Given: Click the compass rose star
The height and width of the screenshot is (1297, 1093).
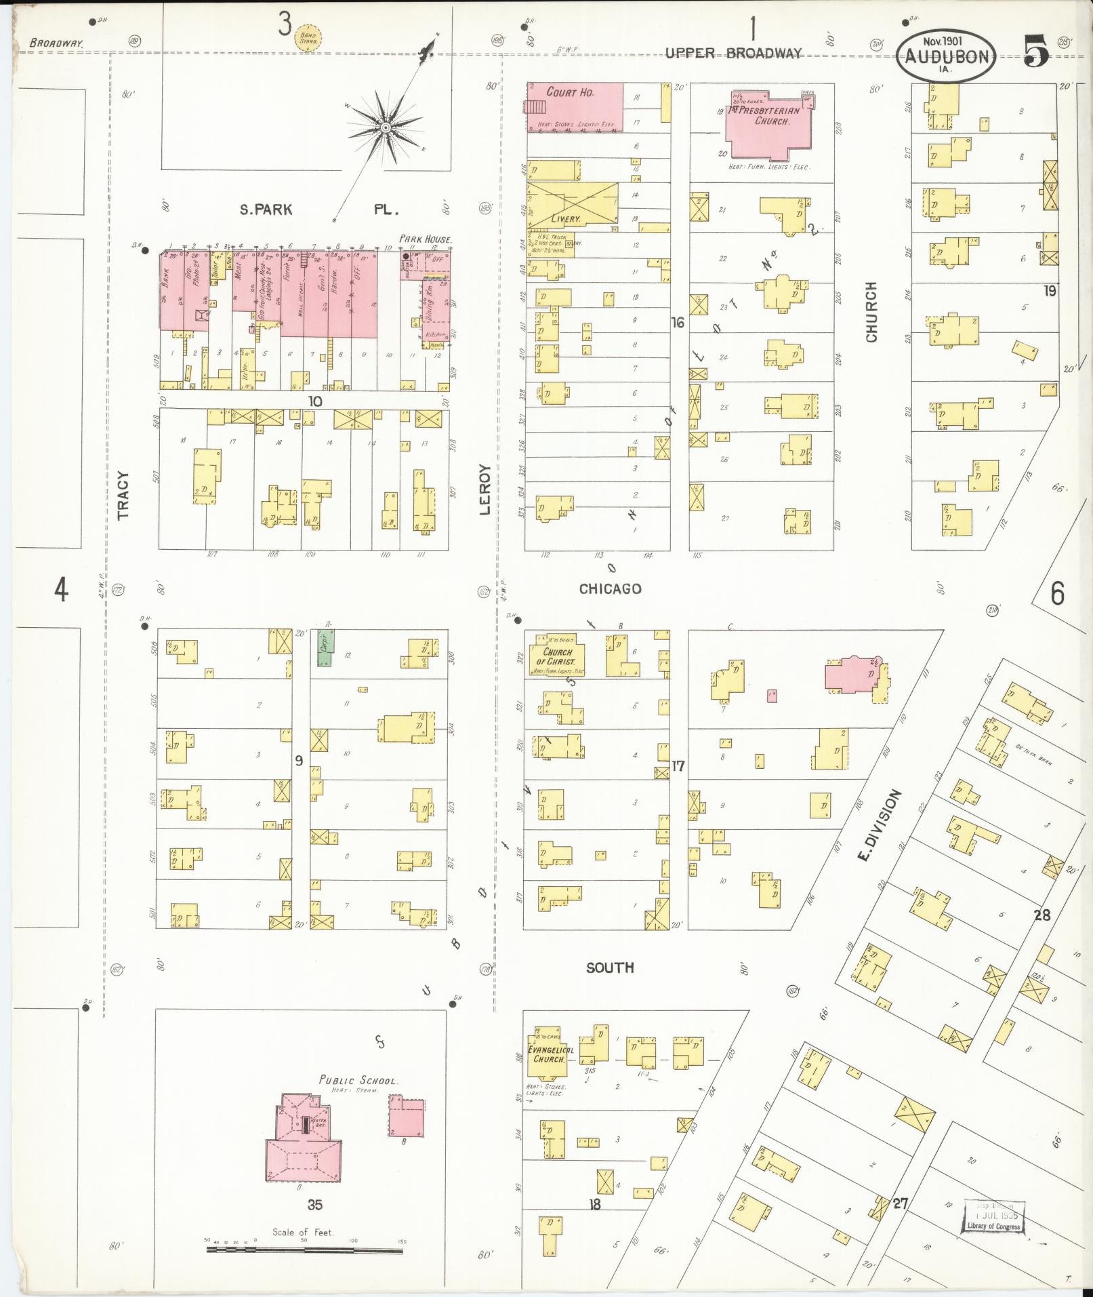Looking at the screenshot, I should point(385,127).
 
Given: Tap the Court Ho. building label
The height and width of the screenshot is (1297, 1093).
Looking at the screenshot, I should point(570,93).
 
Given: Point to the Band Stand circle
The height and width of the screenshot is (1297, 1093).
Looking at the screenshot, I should point(309,38).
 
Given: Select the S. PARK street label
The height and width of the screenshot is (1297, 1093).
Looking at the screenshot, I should point(266,209).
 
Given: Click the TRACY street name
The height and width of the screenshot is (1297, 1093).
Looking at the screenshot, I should point(123,495).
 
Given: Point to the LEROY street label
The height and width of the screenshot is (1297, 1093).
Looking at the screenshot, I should point(484,489).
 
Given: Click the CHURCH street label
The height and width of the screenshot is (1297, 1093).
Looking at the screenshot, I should point(871,312).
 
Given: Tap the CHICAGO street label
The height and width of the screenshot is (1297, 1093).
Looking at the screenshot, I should point(610,588).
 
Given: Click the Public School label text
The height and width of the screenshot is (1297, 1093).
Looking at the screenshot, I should point(358,1080).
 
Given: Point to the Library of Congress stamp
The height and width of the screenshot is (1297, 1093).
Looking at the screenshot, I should point(993,1218).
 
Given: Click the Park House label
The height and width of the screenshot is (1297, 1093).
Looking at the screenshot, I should point(425,239).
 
